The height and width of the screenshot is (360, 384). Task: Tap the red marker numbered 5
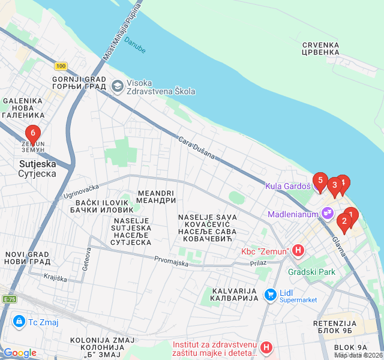tap(320, 181)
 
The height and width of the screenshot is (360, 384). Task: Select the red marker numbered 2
tap(344, 221)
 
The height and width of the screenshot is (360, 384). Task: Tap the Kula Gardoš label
tap(288, 187)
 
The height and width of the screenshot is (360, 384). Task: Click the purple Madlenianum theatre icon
tap(327, 212)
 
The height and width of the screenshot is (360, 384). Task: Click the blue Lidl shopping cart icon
tap(270, 295)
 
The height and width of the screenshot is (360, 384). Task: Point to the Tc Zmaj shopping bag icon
tap(20, 322)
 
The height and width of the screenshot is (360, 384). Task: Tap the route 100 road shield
tap(60, 66)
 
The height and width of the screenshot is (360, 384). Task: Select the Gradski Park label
tap(311, 272)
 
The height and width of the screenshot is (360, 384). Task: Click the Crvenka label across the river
tap(321, 49)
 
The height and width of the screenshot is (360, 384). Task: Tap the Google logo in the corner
tap(20, 353)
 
